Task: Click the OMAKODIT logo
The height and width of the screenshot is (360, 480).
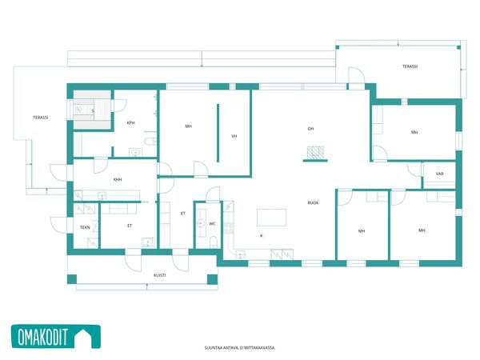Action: click(56, 337)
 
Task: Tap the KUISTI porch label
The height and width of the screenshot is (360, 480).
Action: click(160, 275)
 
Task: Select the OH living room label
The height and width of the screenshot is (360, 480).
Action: click(310, 129)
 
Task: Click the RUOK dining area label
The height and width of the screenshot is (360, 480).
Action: click(313, 202)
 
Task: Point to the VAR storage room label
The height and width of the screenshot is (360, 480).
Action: click(439, 174)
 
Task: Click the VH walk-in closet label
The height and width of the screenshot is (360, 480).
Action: click(234, 136)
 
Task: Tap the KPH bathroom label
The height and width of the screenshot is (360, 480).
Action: click(130, 123)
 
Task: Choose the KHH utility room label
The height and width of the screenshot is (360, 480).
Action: click(118, 180)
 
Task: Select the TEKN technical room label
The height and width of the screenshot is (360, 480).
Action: click(85, 227)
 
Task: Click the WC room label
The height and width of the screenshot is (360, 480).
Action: click(212, 224)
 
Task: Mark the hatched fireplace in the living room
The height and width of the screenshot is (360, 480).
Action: click(316, 153)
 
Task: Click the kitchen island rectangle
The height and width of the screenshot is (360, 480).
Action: click(272, 218)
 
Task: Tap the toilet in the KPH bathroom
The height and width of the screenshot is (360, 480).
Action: click(150, 141)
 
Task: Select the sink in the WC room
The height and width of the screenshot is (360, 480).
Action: click(201, 223)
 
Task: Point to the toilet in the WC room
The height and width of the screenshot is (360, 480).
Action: click(214, 242)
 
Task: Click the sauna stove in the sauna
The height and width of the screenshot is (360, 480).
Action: click(78, 109)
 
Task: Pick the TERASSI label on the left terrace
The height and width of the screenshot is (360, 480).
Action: click(41, 118)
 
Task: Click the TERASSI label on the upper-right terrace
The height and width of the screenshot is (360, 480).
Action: click(410, 66)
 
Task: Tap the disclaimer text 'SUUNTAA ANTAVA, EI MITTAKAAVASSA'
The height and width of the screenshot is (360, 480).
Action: click(240, 348)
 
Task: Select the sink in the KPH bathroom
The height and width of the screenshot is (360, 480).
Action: click(135, 152)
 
